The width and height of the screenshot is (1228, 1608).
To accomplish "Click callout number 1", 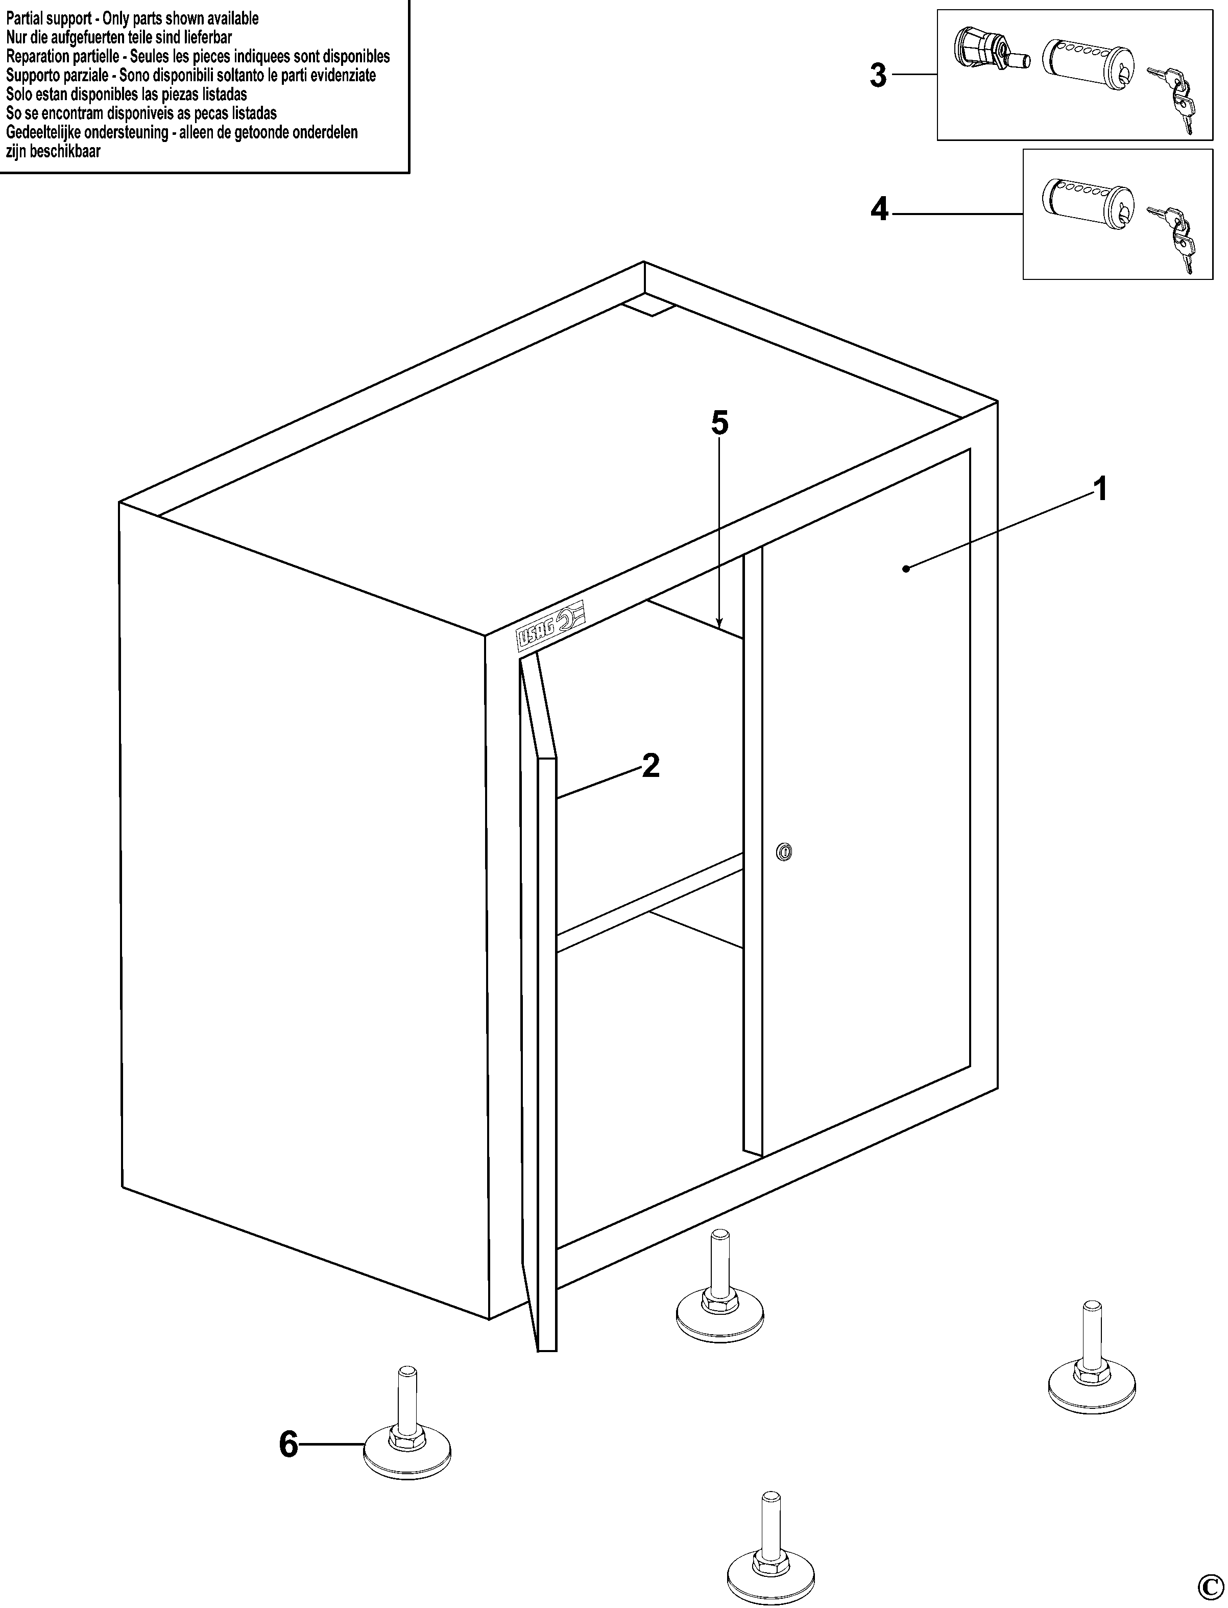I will pyautogui.click(x=1099, y=489).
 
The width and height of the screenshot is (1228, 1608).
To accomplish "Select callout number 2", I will pyautogui.click(x=650, y=766).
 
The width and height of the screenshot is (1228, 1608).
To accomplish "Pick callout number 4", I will pyautogui.click(x=879, y=210).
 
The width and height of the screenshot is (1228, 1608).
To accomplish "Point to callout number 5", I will pyautogui.click(x=720, y=422).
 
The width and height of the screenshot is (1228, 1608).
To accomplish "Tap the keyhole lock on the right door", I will pyautogui.click(x=784, y=851).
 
